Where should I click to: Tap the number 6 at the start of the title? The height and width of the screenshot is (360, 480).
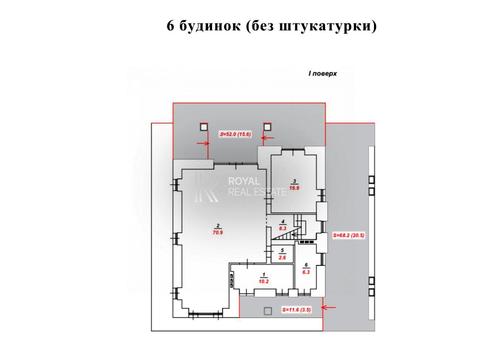[x=171, y=26]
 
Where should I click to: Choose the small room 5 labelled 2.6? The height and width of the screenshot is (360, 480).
[x=283, y=254]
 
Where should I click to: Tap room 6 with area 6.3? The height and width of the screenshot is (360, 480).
[x=306, y=267]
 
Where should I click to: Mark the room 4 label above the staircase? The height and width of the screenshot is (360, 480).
[x=283, y=225]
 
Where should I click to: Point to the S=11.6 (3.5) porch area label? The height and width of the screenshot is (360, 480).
[x=296, y=310]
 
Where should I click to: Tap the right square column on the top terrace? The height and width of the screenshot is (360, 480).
[x=266, y=128]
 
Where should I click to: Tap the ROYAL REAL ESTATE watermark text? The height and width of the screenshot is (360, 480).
[x=249, y=187]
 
